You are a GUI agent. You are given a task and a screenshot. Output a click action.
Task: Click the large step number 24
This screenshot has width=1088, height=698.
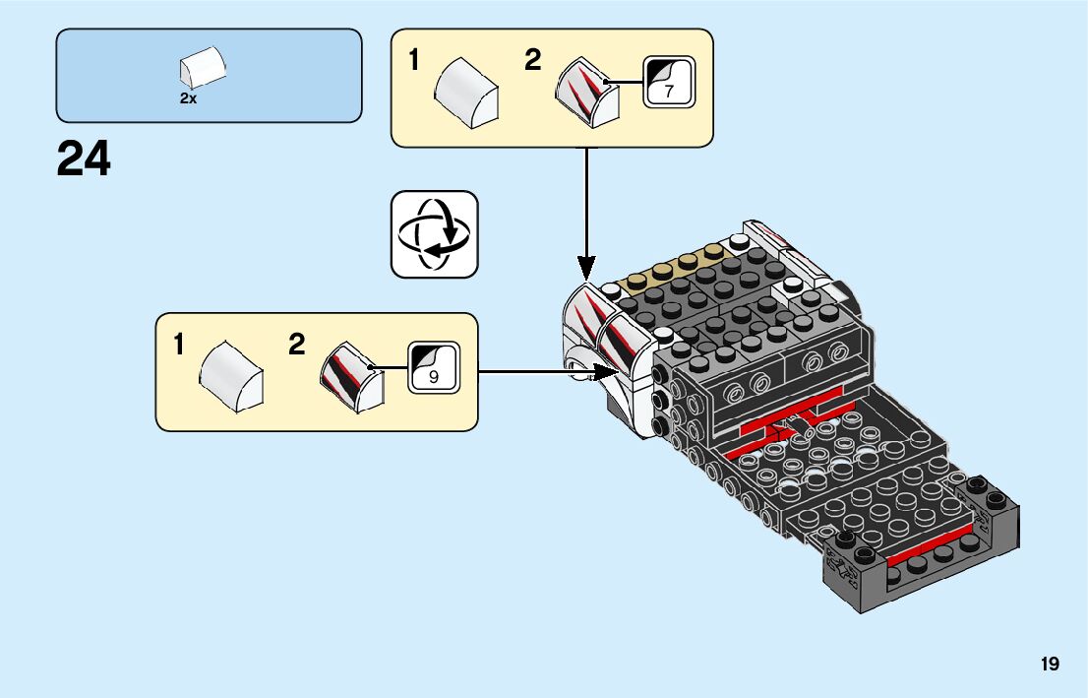[84, 159]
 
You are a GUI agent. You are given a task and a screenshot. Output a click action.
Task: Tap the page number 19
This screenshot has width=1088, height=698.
[1050, 664]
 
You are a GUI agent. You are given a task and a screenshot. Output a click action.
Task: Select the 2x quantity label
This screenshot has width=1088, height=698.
[188, 98]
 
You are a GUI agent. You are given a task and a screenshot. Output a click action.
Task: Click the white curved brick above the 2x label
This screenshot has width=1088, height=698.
[203, 67]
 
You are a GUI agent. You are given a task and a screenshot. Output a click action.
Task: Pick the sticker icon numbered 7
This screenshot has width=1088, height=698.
[669, 82]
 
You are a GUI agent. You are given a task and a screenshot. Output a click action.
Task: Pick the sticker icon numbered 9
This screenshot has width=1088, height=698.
[434, 367]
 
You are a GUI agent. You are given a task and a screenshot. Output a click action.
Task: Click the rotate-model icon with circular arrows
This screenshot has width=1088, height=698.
[435, 234]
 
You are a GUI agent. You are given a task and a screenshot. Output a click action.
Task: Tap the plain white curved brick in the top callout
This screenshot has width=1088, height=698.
[466, 93]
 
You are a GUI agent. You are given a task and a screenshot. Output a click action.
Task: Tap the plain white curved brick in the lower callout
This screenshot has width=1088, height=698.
[231, 376]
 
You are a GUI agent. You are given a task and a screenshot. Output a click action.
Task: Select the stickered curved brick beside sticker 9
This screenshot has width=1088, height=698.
[352, 377]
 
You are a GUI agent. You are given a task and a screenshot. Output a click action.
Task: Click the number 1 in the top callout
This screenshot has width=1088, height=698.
[414, 60]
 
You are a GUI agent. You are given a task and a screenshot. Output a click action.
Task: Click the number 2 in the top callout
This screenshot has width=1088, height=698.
[532, 60]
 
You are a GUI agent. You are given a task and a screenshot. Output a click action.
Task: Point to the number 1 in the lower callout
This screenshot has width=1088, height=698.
[179, 345]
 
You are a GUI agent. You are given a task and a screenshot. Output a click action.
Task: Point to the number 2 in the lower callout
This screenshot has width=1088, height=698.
[297, 345]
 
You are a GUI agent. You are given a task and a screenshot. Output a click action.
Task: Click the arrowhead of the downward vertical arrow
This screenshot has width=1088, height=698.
[586, 268]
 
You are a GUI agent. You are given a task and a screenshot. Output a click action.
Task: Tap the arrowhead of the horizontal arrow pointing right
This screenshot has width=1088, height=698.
[606, 371]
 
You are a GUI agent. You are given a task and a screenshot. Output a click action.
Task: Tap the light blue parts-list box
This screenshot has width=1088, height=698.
[209, 76]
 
